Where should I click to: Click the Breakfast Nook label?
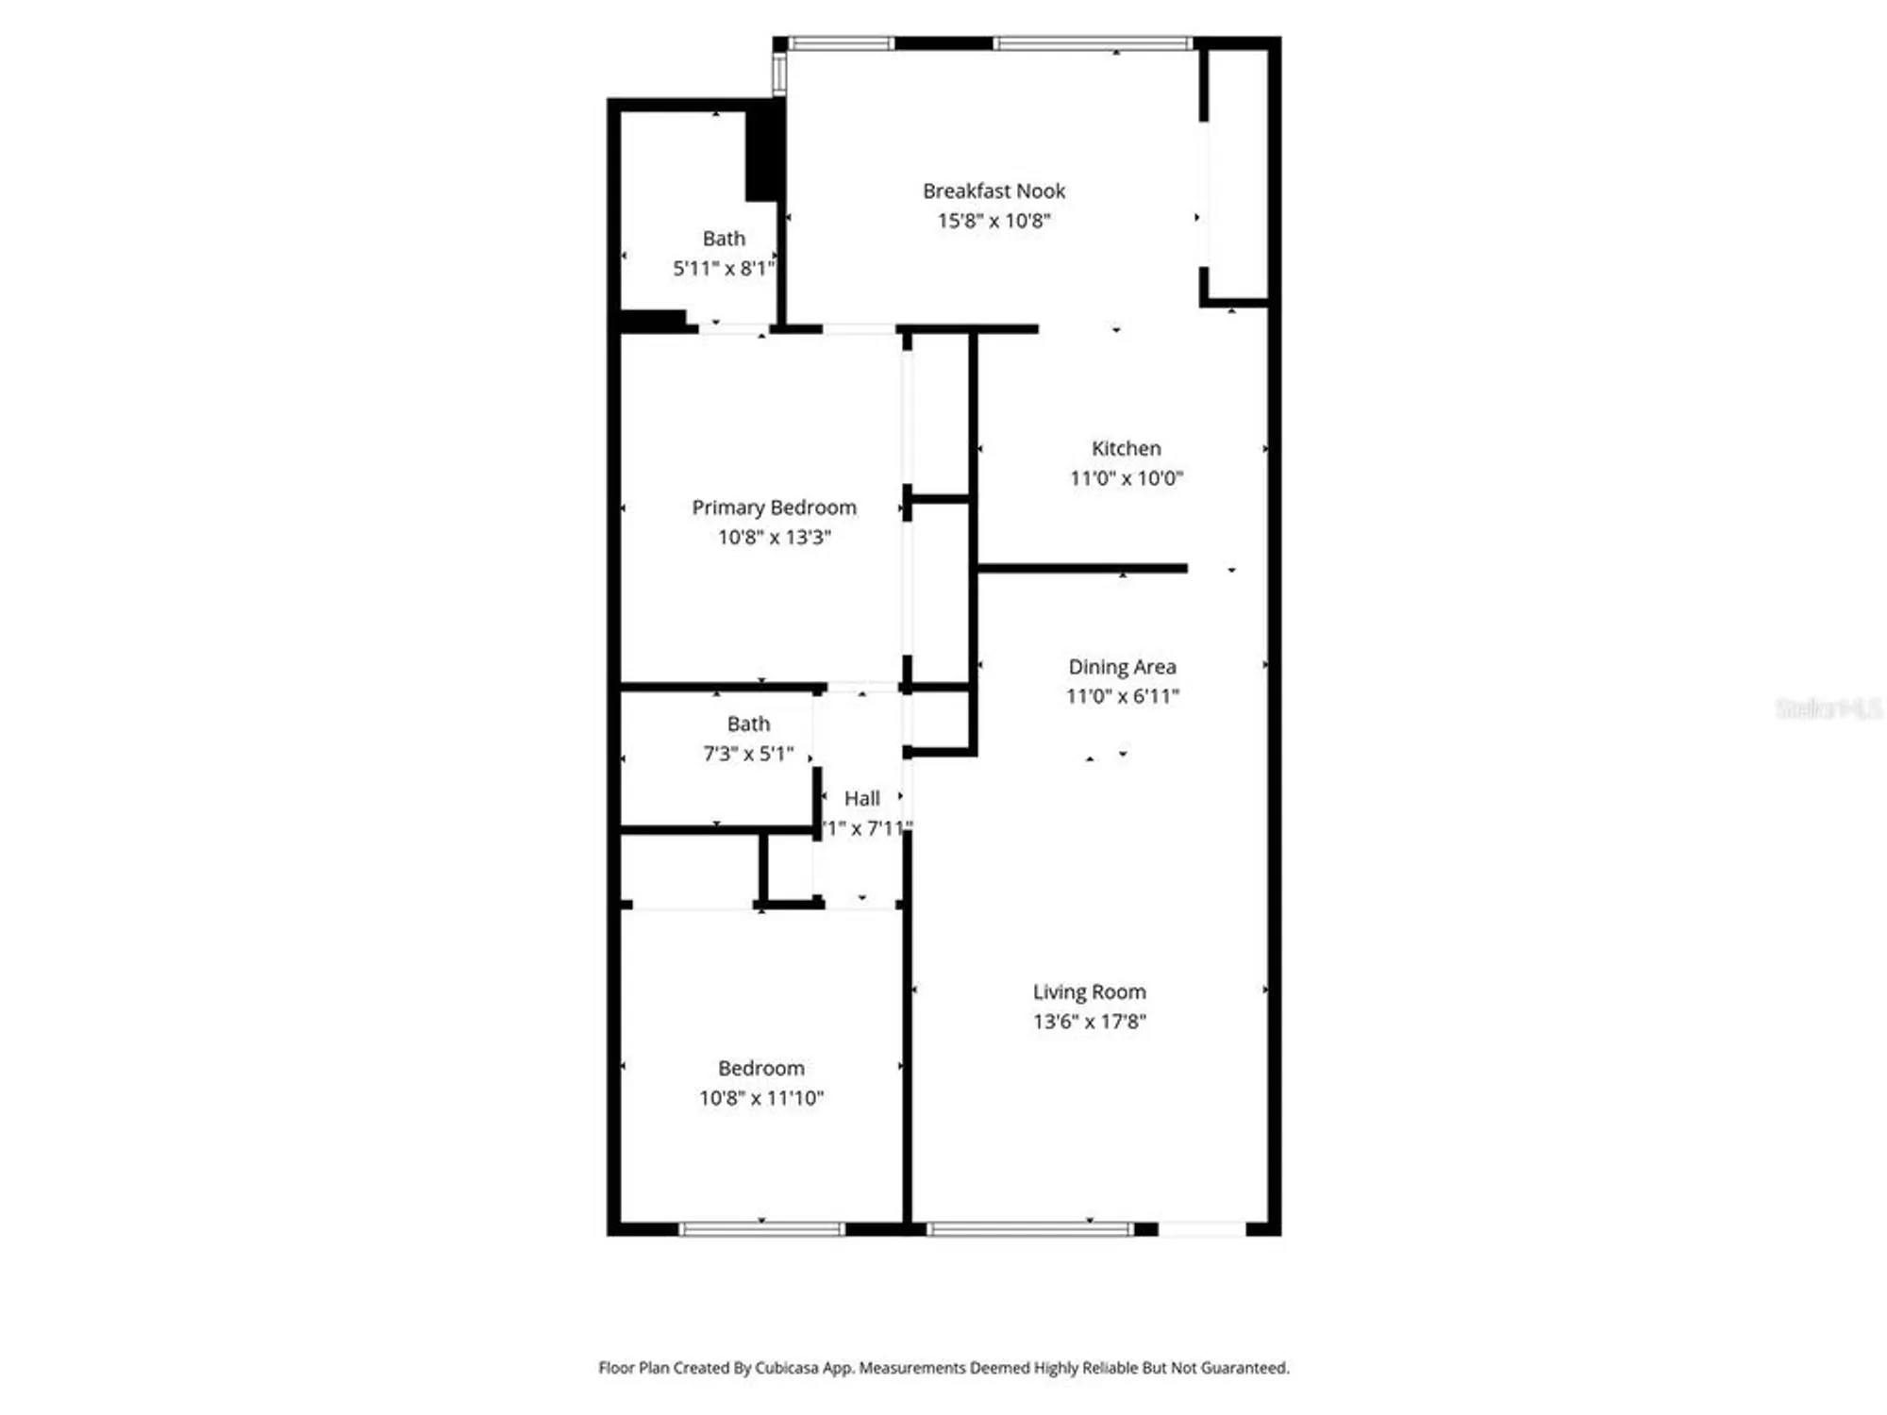pos(994,191)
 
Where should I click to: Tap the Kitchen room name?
pos(1126,449)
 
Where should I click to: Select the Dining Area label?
pos(1122,667)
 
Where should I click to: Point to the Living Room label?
pos(1089,992)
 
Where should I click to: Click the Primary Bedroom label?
pos(774,508)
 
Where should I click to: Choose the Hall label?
pos(861,799)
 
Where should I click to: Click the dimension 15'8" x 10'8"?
pos(994,221)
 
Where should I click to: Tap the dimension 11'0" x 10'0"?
pos(1126,478)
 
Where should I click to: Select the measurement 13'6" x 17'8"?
pos(1089,1022)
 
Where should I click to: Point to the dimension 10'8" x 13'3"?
pos(774,538)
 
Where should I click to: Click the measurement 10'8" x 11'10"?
pos(760,1098)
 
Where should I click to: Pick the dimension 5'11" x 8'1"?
pos(723,269)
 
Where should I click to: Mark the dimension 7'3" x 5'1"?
pos(748,754)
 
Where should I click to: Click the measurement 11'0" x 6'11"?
pos(1122,696)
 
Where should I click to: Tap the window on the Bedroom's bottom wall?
pos(761,1228)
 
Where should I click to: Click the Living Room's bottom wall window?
pos(1028,1228)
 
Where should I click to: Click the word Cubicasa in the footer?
pos(787,1368)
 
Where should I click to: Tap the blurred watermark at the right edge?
pos(1828,708)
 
